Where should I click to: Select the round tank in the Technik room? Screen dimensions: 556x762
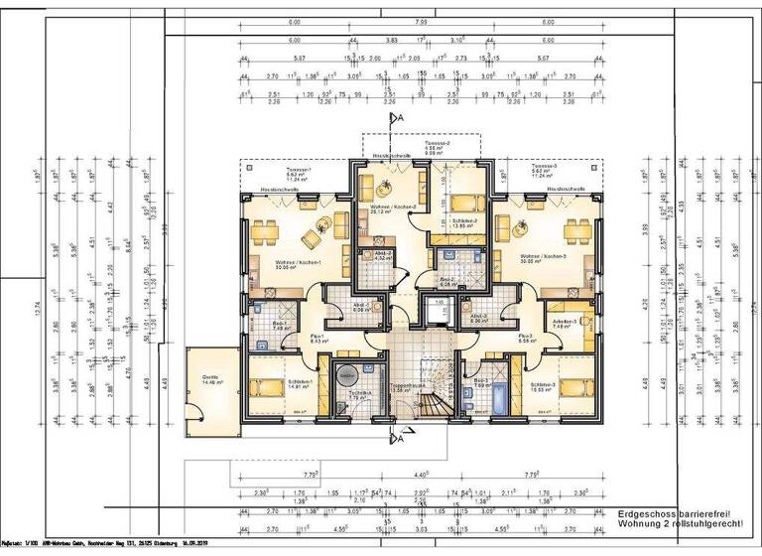(x=347, y=375)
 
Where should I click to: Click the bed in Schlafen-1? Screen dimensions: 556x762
(x=268, y=387)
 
